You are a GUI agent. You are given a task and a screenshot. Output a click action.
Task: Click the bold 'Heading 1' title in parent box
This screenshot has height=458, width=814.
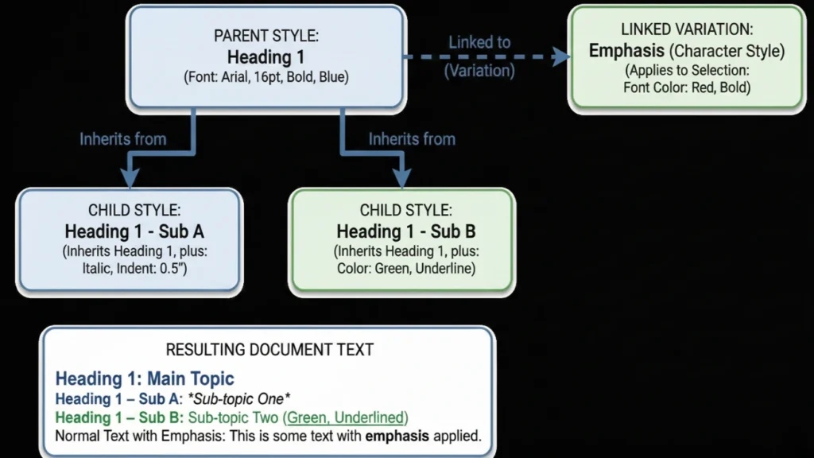tap(266, 57)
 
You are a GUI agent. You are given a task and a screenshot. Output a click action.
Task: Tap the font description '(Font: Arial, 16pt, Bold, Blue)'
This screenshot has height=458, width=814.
tap(266, 78)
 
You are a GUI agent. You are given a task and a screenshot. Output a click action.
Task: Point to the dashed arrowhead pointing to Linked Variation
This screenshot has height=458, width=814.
tap(562, 56)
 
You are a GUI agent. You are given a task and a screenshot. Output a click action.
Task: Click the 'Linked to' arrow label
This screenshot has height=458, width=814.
tap(479, 42)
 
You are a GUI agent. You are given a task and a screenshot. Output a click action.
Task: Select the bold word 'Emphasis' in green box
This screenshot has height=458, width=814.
tap(627, 51)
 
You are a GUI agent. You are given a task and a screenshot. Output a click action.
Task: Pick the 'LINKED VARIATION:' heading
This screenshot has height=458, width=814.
tap(686, 30)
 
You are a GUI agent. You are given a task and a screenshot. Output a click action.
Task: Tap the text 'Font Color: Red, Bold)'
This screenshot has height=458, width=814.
tap(686, 87)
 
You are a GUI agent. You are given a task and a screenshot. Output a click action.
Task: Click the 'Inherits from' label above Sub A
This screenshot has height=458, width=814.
tap(122, 139)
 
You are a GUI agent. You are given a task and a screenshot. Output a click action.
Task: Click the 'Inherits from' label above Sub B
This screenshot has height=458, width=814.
tap(412, 139)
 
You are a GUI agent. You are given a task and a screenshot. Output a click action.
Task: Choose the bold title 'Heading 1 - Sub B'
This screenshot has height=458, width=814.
tap(405, 231)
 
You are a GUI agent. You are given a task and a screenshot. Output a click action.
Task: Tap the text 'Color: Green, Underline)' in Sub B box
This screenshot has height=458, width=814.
tap(405, 269)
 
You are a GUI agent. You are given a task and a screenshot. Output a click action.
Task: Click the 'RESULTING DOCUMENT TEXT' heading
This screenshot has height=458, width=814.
tap(269, 350)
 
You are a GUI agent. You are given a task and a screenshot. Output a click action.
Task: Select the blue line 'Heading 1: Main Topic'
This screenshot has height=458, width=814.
tap(145, 378)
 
